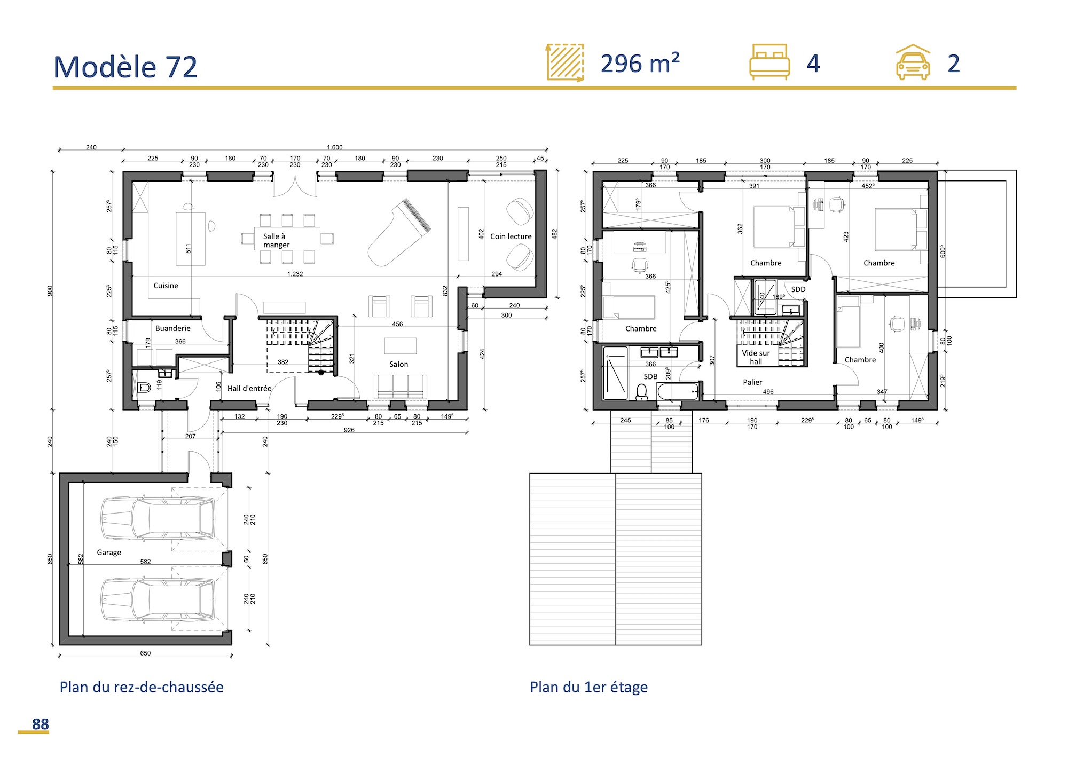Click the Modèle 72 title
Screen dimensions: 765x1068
[125, 67]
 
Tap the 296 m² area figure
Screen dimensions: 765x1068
[640, 64]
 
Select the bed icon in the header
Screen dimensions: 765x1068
[769, 62]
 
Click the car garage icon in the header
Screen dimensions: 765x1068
[913, 63]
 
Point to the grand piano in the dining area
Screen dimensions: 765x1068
[399, 233]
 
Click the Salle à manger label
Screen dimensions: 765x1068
[276, 240]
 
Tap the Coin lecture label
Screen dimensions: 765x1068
[511, 236]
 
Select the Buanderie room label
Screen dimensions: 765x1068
[172, 328]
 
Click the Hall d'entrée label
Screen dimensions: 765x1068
[249, 388]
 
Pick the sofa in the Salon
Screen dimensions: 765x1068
[400, 386]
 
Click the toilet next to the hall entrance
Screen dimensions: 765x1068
[144, 388]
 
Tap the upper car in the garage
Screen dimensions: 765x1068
[158, 518]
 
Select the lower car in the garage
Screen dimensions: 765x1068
[158, 600]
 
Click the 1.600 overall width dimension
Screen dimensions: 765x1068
[334, 147]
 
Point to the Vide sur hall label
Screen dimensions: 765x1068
[756, 357]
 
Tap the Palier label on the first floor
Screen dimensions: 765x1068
[752, 382]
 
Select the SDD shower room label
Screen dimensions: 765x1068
[798, 289]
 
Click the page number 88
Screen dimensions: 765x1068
[40, 724]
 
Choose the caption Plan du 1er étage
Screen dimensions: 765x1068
[588, 687]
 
